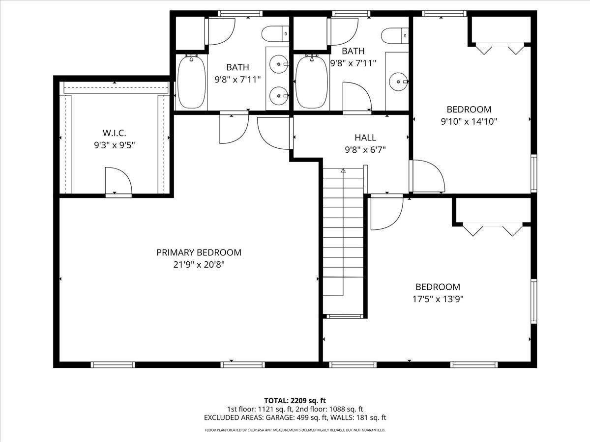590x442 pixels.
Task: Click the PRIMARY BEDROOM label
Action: (199, 252)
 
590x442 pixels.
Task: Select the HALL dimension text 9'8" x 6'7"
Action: (365, 150)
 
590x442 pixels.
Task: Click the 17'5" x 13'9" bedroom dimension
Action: (438, 298)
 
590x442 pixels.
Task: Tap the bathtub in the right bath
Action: (311, 82)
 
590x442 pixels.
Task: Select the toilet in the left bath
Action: (276, 34)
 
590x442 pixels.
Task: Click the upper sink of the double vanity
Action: (278, 64)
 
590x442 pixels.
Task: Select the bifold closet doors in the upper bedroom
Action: (500, 49)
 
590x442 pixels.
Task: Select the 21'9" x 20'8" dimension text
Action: (199, 264)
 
